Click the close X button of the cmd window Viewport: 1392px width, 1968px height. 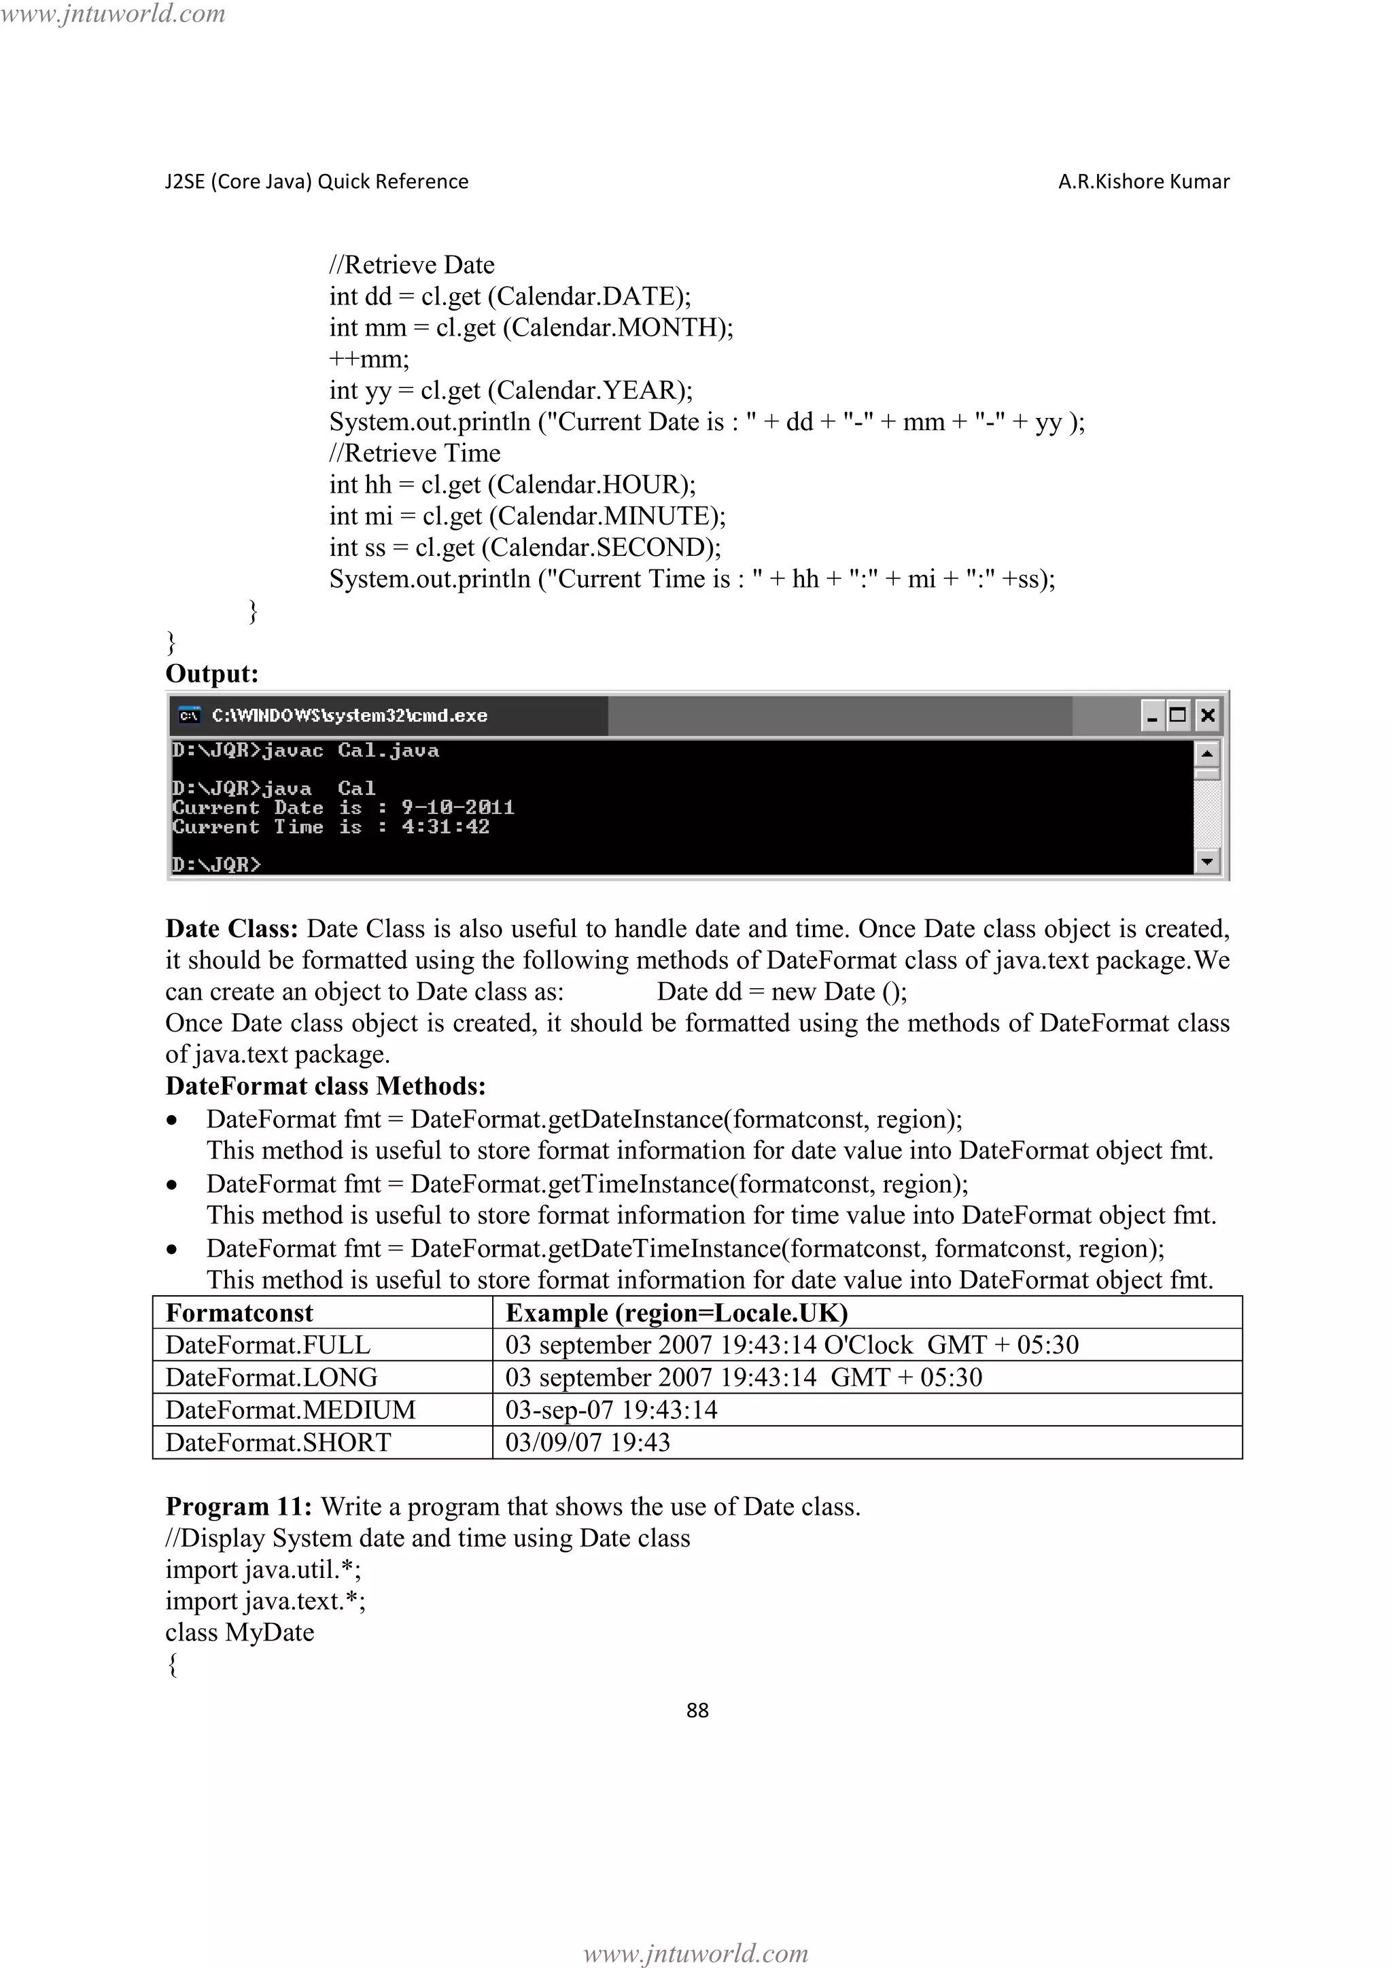[x=1207, y=715]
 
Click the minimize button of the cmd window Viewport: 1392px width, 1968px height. [x=1152, y=715]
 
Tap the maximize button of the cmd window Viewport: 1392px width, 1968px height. [x=1179, y=715]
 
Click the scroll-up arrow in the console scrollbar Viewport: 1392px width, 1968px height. [x=1207, y=754]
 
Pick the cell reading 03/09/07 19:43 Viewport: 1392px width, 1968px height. [x=587, y=1443]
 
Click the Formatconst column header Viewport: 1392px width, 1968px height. [x=239, y=1313]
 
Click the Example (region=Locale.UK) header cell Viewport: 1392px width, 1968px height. [x=676, y=1313]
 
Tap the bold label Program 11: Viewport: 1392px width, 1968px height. [x=239, y=1507]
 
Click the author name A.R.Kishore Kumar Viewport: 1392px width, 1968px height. [x=1143, y=181]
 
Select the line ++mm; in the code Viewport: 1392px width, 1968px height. [x=370, y=359]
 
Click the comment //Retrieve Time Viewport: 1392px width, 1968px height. [x=415, y=453]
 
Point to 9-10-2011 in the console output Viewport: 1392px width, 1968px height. [x=457, y=807]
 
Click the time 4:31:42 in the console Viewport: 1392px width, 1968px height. [x=446, y=827]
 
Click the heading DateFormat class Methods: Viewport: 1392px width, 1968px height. [x=326, y=1086]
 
